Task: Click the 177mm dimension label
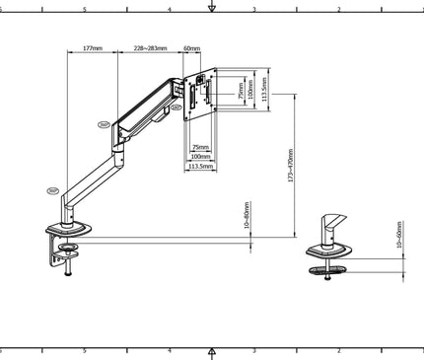92,47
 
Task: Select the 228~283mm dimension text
150,47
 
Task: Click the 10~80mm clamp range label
246,216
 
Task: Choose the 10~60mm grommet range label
399,237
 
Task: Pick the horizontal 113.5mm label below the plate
200,167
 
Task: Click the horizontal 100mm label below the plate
200,156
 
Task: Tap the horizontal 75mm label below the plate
200,146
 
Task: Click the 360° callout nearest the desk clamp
52,191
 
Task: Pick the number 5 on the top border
85,9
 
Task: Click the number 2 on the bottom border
339,350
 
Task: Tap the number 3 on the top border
254,9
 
